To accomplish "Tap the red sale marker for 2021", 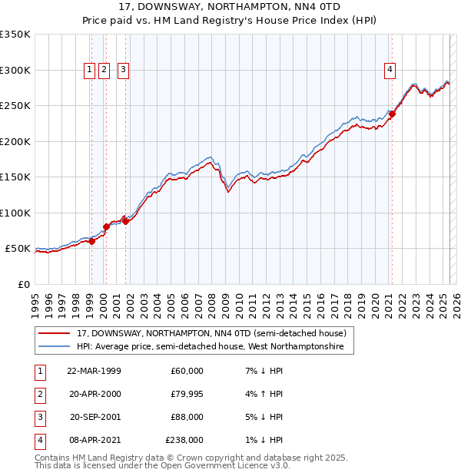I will [391, 114].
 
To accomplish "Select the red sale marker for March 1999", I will [91, 241].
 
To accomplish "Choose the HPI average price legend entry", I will [215, 347].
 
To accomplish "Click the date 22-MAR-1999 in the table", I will [94, 371].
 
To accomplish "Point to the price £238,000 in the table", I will [184, 440].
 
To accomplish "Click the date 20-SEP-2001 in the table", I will [94, 417].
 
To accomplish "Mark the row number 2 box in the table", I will [39, 394].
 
